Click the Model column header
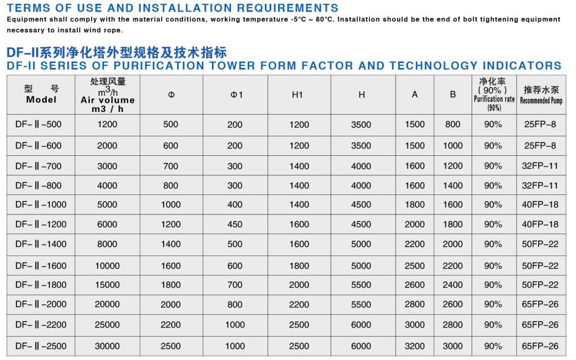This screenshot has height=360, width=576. click(41, 95)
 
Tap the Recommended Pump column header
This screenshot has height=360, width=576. click(540, 95)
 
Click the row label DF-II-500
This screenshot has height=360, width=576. click(38, 125)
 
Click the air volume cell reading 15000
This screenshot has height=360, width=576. click(107, 285)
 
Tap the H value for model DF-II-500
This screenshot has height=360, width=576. click(361, 125)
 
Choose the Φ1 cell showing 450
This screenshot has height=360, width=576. click(235, 224)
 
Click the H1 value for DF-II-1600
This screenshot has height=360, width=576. click(299, 265)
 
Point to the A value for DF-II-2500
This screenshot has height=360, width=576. click(415, 346)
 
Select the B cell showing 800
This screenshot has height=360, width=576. click(453, 125)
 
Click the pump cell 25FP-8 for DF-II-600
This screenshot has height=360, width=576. click(540, 145)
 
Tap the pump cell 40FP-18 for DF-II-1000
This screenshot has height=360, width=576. click(540, 205)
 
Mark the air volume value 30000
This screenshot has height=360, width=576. click(107, 346)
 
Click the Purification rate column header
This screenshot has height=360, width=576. click(494, 95)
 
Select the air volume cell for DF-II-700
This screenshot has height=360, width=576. click(107, 166)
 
